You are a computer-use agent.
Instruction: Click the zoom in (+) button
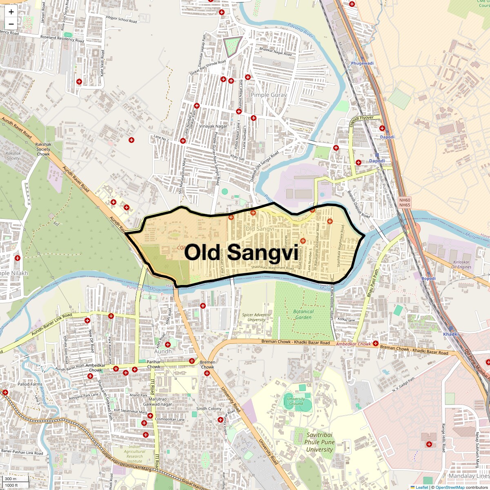click(11, 12)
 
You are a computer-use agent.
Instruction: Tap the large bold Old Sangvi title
click(241, 252)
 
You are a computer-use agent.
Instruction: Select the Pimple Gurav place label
click(269, 95)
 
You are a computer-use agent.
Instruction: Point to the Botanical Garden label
click(303, 314)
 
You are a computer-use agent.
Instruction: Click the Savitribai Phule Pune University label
click(319, 442)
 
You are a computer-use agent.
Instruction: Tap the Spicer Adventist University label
click(256, 317)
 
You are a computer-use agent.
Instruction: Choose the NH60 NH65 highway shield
click(405, 202)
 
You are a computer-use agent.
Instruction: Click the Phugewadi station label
click(362, 63)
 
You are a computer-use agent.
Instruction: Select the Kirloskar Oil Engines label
click(461, 265)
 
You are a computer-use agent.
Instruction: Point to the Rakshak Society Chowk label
click(43, 149)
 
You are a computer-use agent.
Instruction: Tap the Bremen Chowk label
click(207, 364)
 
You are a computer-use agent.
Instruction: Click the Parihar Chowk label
click(154, 364)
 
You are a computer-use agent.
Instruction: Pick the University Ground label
click(296, 401)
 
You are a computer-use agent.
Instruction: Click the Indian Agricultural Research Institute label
click(134, 454)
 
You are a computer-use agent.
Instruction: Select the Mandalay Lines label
click(469, 476)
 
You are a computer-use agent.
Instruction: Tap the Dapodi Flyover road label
click(361, 121)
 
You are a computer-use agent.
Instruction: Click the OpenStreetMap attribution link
click(450, 487)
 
